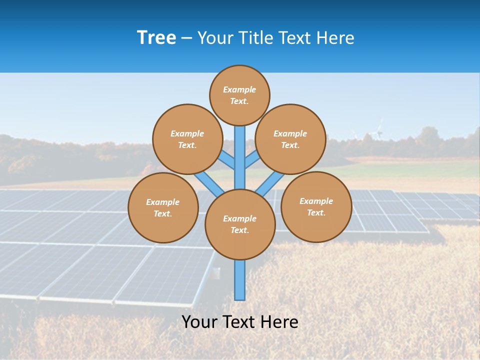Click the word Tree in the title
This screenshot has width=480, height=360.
156,37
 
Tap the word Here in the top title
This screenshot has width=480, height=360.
334,38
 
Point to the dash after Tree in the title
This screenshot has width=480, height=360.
186,38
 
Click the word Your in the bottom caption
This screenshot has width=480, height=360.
199,321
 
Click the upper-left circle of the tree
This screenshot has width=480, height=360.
187,139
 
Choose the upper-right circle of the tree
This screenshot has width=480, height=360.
290,139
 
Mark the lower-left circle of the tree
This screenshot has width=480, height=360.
163,207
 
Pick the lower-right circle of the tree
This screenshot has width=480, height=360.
316,206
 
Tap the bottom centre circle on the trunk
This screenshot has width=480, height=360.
240,224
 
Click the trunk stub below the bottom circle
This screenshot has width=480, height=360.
240,280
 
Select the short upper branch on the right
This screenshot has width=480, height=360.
252,160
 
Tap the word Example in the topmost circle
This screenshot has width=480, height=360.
239,89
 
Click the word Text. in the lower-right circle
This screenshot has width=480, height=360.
316,212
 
